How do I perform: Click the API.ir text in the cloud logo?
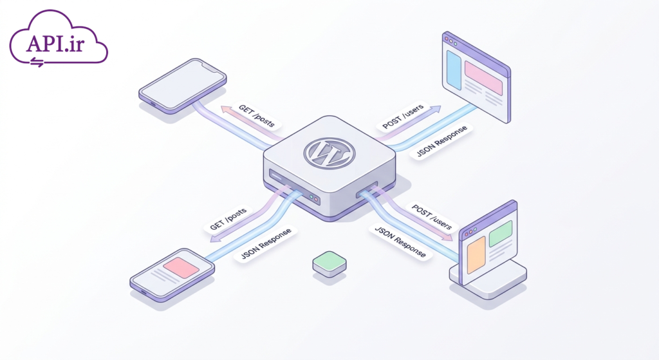pos(55,43)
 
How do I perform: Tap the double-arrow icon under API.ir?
pos(37,62)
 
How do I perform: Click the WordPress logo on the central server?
pos(329,153)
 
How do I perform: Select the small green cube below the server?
pos(329,264)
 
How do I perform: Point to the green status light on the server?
pos(311,196)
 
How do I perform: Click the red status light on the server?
pos(316,199)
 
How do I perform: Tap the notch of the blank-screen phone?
pos(212,67)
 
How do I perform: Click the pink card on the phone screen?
pos(181,268)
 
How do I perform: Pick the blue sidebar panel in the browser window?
pos(454,70)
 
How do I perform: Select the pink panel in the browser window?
pos(483,78)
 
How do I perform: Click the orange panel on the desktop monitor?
pos(476,255)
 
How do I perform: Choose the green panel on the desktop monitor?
pos(501,233)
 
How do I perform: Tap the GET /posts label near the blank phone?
pos(257,116)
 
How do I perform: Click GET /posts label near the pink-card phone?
pos(228,219)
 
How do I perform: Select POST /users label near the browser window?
pos(403,116)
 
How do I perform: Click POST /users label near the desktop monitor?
pos(431,217)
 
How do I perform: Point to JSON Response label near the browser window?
pos(441,141)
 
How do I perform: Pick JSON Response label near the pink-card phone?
pos(266,244)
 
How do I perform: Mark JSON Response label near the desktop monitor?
pos(400,242)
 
